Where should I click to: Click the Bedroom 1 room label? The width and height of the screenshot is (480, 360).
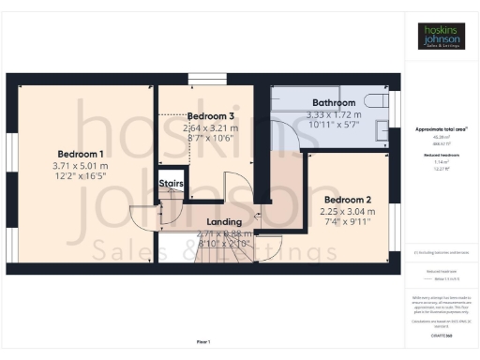coord(81,153)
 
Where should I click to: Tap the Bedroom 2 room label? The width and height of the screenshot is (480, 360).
coord(348,200)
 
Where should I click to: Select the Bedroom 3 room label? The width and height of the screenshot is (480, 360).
coord(209,115)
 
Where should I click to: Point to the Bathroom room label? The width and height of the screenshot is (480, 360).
coord(334,102)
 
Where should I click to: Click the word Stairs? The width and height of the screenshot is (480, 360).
coord(170,183)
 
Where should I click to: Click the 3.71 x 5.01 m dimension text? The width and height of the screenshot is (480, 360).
coord(81,166)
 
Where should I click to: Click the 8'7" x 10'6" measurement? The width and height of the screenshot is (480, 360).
coord(209,138)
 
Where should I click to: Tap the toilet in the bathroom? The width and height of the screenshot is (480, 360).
coord(374,100)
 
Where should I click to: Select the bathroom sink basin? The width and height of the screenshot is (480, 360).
coord(381,131)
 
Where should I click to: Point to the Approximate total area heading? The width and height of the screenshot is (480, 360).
coord(440,127)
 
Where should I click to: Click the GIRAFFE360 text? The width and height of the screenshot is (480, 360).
coord(440,334)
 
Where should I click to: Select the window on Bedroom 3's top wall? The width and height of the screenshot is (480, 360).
coord(204,80)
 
